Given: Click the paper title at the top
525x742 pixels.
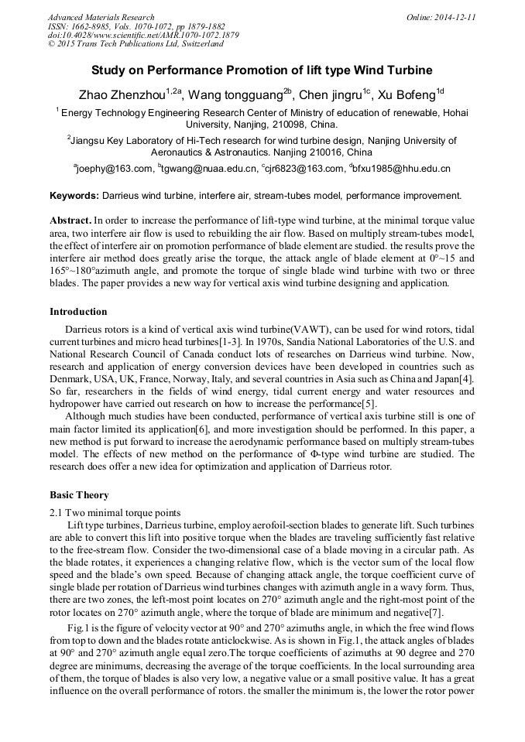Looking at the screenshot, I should point(262,70).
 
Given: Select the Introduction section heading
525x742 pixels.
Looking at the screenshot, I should point(78,312).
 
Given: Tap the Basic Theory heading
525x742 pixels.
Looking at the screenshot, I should point(79,494).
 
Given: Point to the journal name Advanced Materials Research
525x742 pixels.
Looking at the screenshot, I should point(101,17).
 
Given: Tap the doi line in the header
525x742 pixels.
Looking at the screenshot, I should point(143,35).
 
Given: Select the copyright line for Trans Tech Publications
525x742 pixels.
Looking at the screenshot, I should point(136,44).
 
